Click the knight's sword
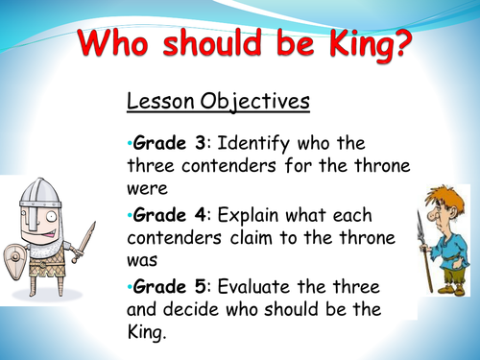click(85, 239)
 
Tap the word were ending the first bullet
click(149, 189)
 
